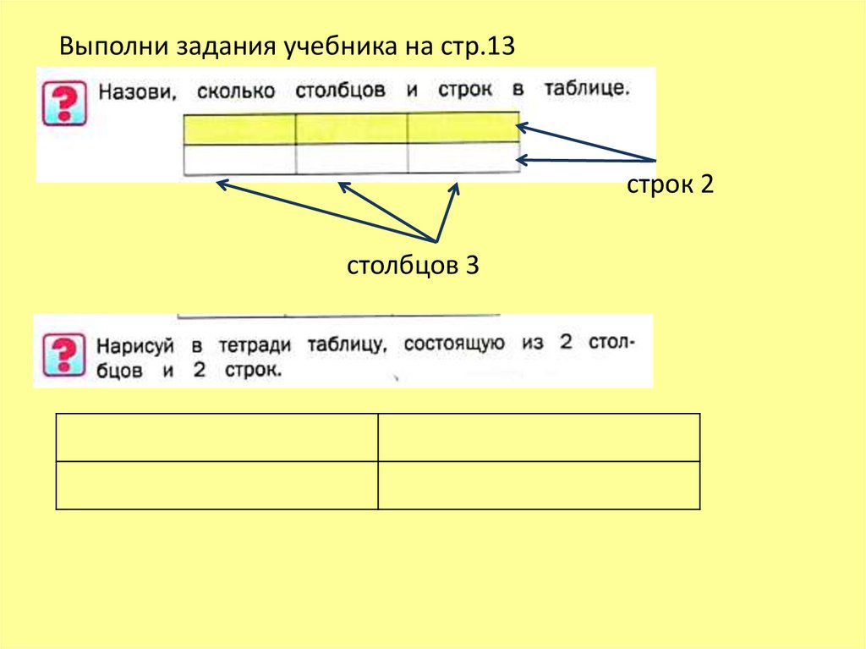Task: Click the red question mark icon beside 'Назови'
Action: (x=63, y=103)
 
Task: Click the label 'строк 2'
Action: (x=671, y=185)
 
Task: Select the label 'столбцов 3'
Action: (x=413, y=266)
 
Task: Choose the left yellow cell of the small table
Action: (x=239, y=129)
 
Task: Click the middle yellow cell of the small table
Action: (x=351, y=128)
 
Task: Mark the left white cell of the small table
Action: (x=239, y=159)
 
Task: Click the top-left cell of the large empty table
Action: (x=217, y=437)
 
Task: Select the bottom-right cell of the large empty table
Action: (x=539, y=485)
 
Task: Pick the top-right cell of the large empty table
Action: (x=539, y=437)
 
